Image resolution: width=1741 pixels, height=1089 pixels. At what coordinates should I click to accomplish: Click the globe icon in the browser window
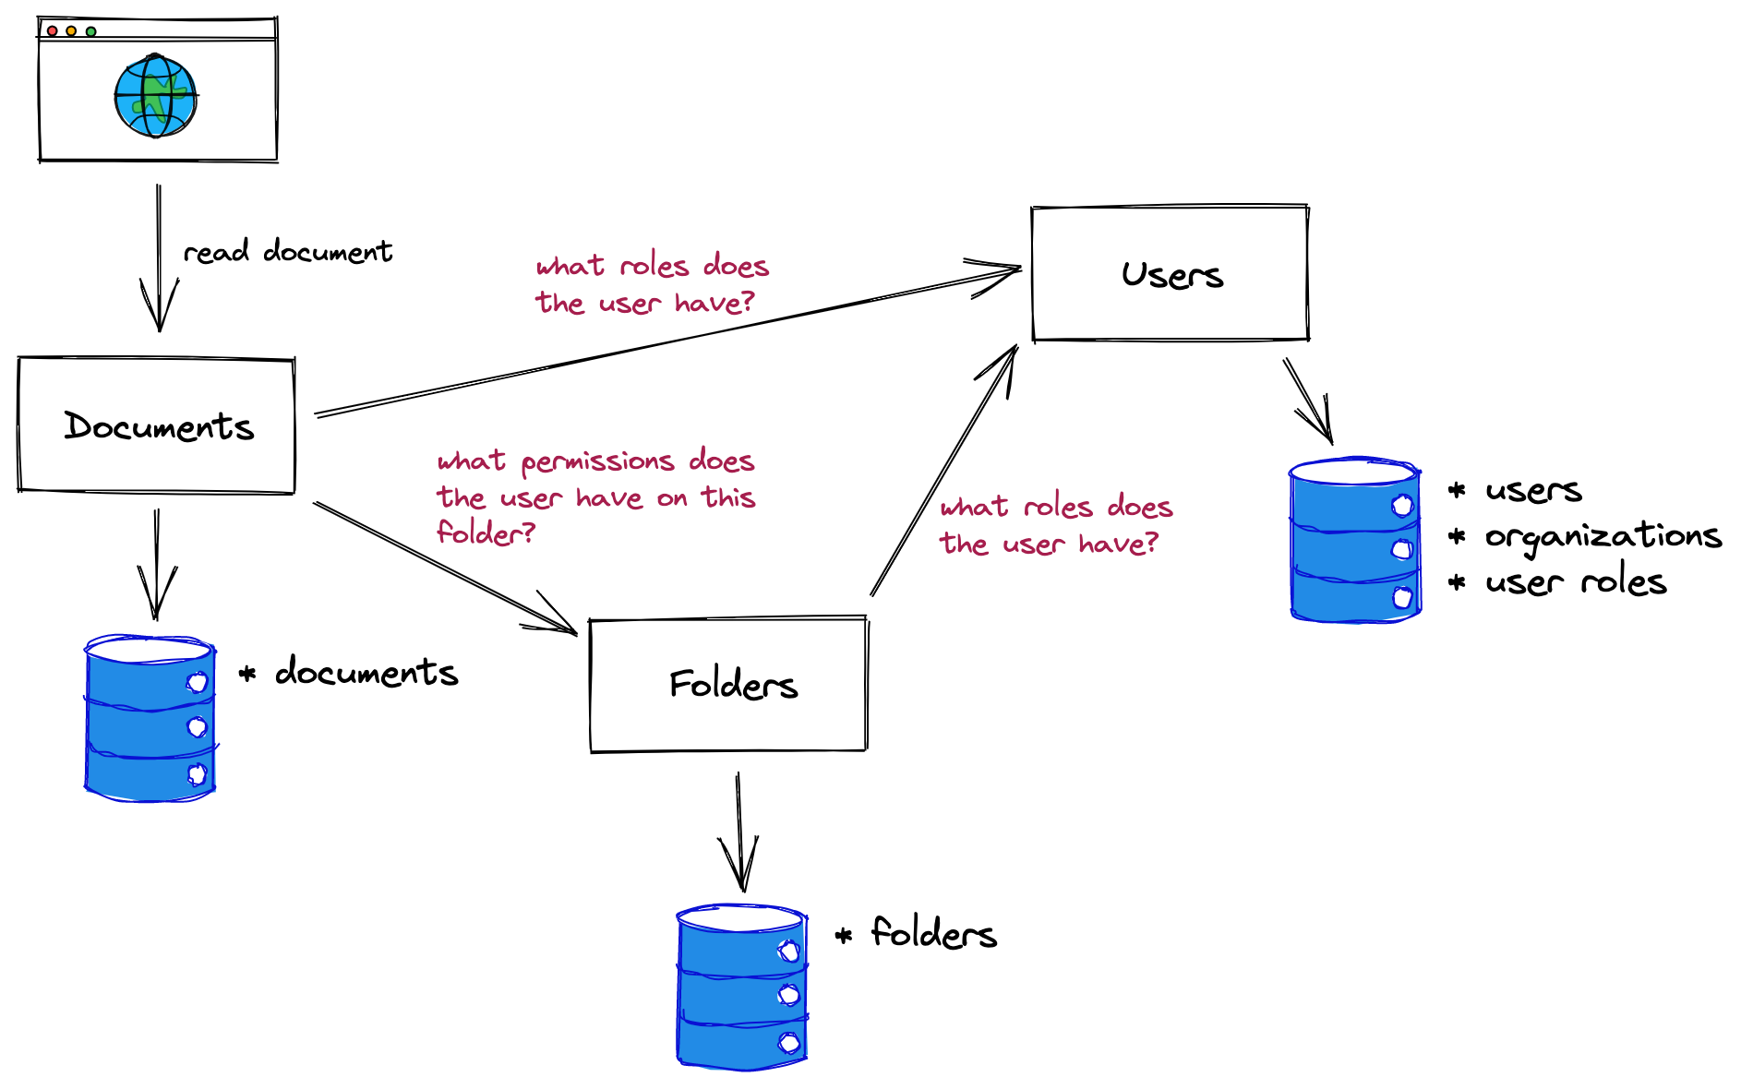(x=155, y=96)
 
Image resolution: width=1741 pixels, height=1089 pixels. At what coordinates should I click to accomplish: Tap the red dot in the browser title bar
(x=53, y=31)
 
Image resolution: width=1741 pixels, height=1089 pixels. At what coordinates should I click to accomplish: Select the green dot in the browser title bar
(x=90, y=31)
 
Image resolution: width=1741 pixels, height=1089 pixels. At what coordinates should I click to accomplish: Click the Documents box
(x=156, y=425)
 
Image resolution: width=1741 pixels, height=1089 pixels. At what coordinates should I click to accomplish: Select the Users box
(x=1170, y=274)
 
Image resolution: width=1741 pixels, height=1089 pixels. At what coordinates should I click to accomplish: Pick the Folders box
(x=728, y=685)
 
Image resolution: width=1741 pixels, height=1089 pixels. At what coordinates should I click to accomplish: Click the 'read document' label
(x=287, y=251)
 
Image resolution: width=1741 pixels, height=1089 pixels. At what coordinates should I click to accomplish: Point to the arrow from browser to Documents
(x=159, y=258)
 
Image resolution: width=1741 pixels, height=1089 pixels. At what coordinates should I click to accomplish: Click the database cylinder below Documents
(x=150, y=718)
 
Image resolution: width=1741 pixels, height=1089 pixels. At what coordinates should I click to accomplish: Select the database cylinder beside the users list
(x=1354, y=541)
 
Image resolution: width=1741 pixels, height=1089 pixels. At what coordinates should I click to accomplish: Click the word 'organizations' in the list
(x=1603, y=536)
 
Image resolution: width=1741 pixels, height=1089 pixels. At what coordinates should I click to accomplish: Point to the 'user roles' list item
(x=1575, y=582)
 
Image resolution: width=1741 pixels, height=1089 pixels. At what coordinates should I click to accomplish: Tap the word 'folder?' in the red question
(x=486, y=533)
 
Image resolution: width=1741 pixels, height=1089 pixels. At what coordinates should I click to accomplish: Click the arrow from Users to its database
(x=1307, y=400)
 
